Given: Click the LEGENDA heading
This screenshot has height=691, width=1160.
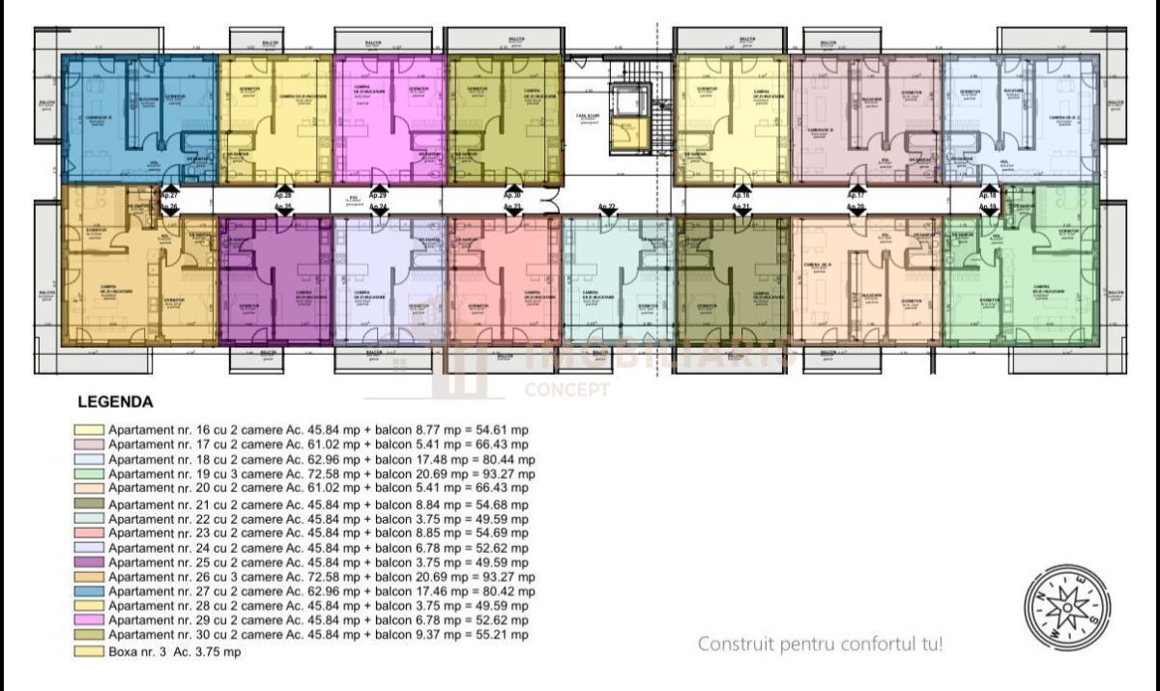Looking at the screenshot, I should pyautogui.click(x=114, y=401).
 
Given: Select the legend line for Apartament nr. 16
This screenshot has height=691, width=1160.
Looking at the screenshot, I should pyautogui.click(x=318, y=430).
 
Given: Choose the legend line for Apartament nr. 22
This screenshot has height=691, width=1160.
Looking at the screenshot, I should pyautogui.click(x=318, y=518).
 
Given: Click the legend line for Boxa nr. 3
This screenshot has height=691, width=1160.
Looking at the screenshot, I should pyautogui.click(x=174, y=652).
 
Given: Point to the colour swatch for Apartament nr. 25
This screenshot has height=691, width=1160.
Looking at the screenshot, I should pyautogui.click(x=90, y=561).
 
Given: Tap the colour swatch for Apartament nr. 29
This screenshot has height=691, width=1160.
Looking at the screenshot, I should pyautogui.click(x=90, y=619).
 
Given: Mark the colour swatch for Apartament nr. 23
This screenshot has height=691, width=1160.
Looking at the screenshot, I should pyautogui.click(x=90, y=533).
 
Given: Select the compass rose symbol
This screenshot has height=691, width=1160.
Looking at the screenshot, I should pyautogui.click(x=1067, y=608).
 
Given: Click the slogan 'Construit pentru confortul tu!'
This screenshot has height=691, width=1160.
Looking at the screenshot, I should pyautogui.click(x=820, y=643).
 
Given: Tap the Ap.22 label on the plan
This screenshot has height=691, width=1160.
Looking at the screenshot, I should pyautogui.click(x=607, y=207).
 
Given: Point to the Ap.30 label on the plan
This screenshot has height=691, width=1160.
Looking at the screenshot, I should pyautogui.click(x=512, y=194).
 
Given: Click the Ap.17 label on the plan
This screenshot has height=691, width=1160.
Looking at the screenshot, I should pyautogui.click(x=855, y=194).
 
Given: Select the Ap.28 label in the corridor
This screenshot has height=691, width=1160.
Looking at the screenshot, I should pyautogui.click(x=283, y=194).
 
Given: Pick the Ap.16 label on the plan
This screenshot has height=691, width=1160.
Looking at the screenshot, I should pyautogui.click(x=741, y=194).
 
